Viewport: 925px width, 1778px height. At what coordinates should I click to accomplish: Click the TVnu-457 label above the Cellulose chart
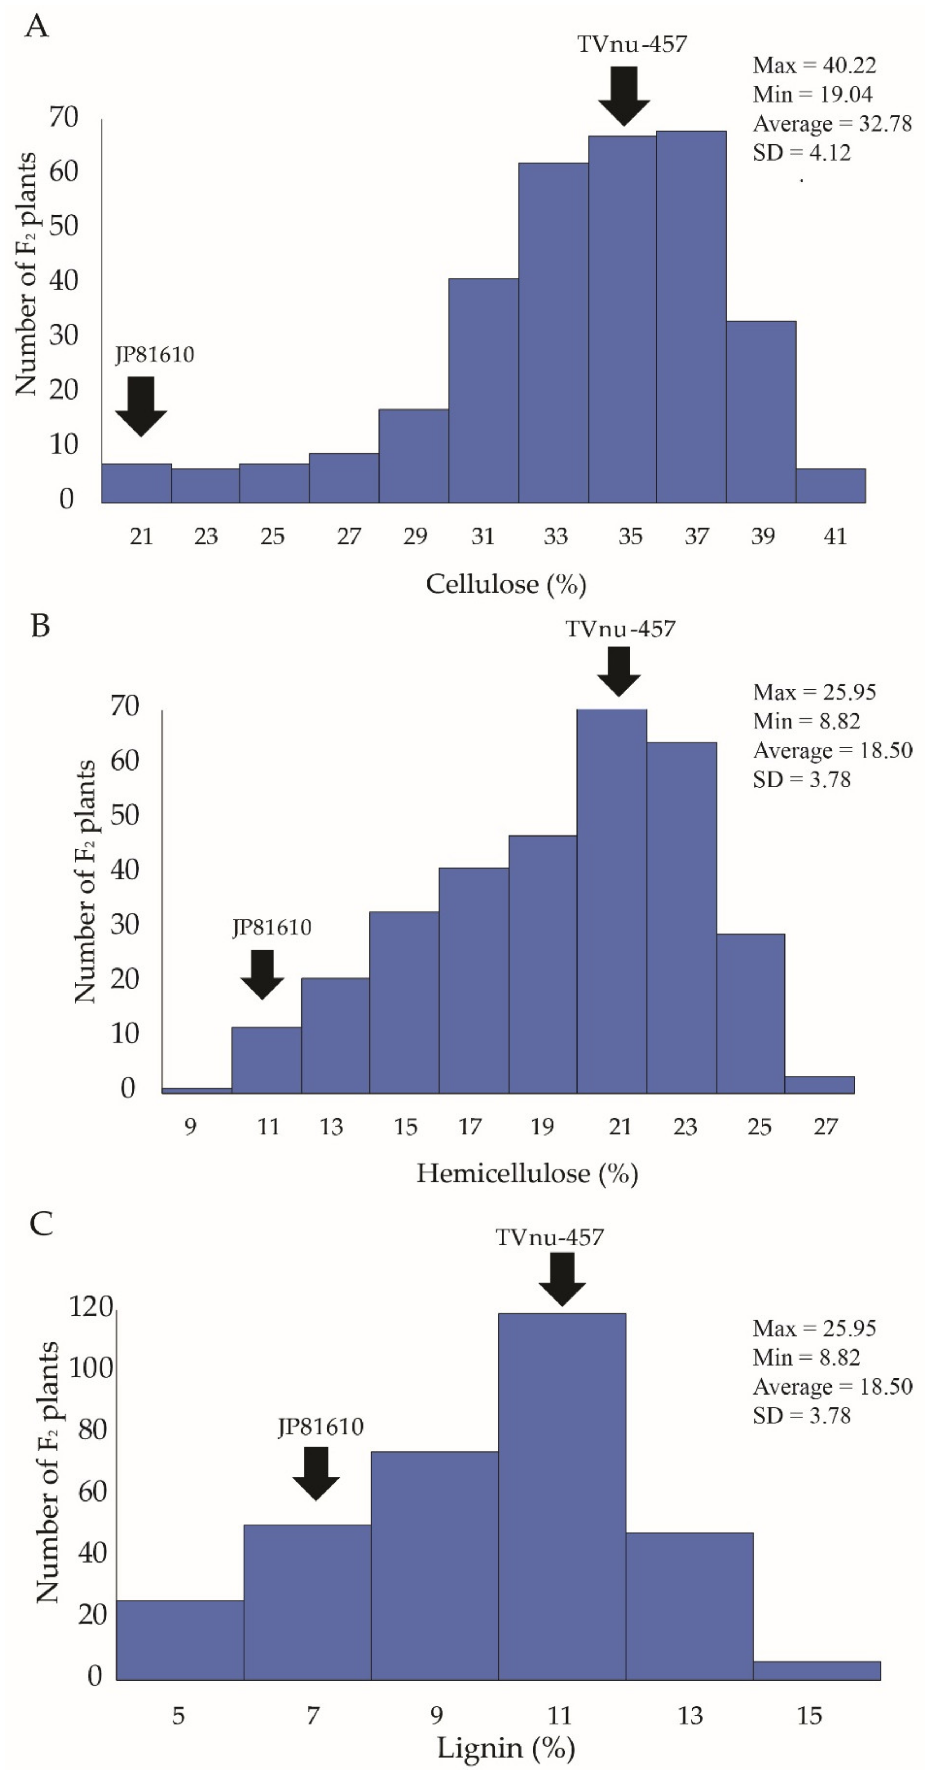pyautogui.click(x=632, y=44)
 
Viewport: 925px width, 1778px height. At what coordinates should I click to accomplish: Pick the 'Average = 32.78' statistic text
pyautogui.click(x=832, y=123)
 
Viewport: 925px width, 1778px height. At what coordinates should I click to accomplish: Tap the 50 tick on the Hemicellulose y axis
pyautogui.click(x=125, y=815)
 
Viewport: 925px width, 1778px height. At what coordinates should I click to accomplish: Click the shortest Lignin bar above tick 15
pyautogui.click(x=817, y=1670)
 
